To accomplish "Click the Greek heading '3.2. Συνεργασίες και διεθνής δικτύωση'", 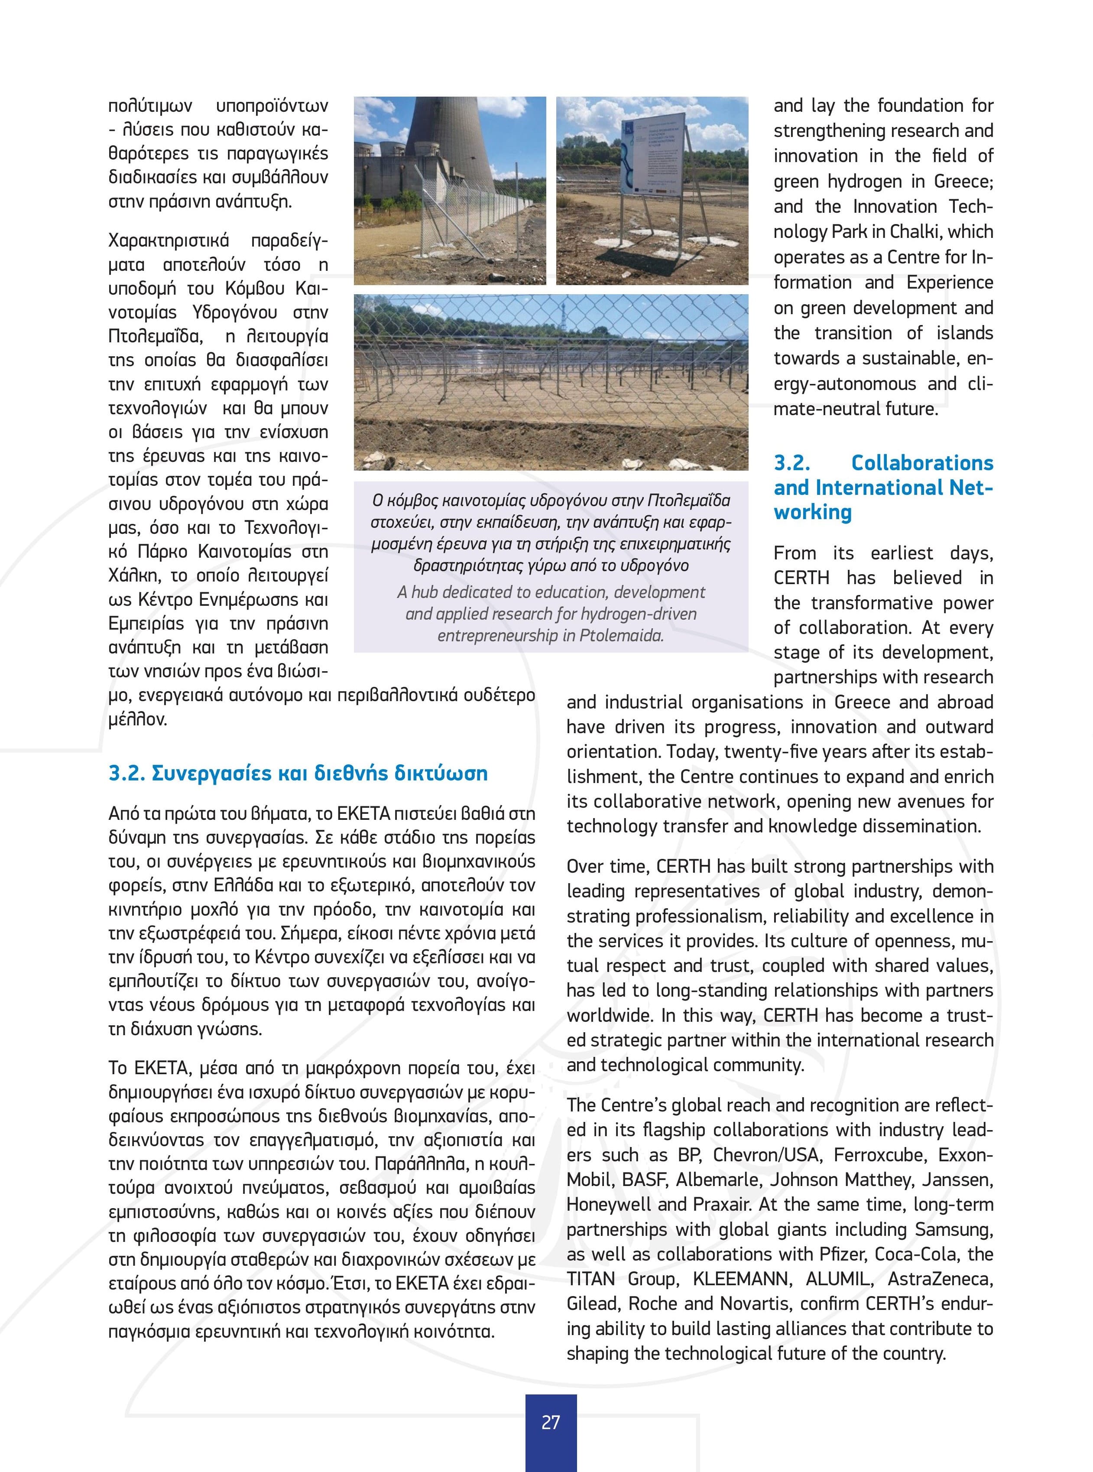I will [x=298, y=773].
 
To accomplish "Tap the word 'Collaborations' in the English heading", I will [x=921, y=463].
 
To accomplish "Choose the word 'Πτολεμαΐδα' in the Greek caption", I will [x=688, y=500].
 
